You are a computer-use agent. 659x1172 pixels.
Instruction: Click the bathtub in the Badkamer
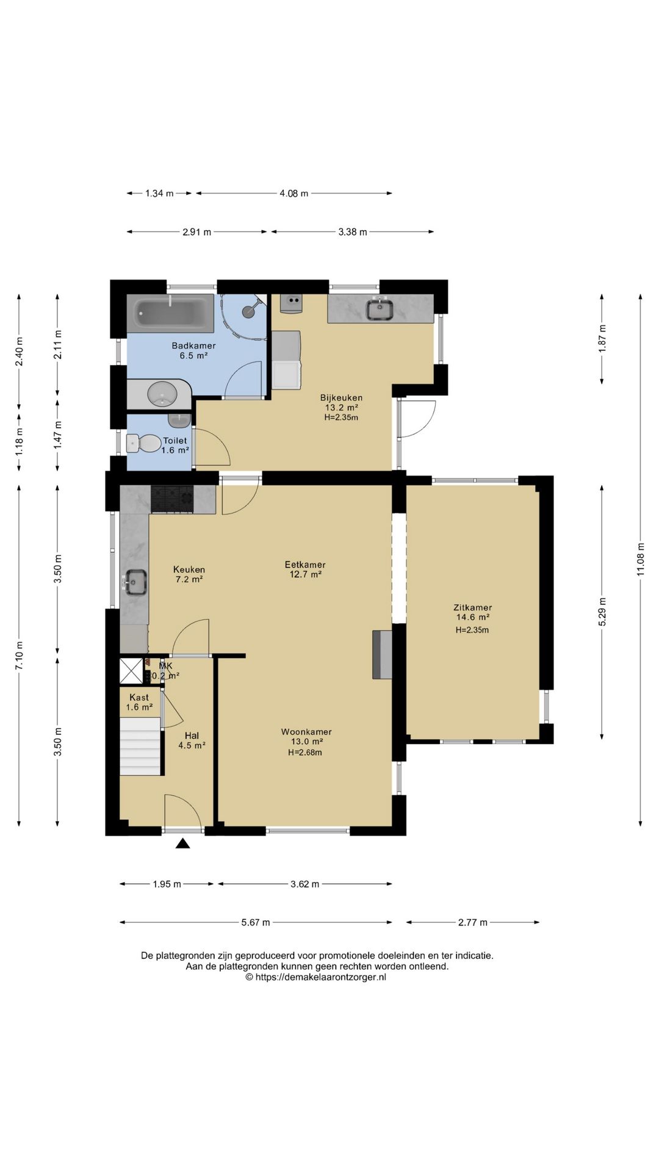click(x=170, y=313)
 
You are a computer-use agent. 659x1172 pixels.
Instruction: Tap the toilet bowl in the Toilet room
click(x=142, y=443)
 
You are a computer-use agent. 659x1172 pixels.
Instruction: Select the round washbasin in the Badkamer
click(x=162, y=394)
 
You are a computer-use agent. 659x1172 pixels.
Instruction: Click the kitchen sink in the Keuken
click(x=135, y=582)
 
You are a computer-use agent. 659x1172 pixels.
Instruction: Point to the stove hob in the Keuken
click(x=172, y=499)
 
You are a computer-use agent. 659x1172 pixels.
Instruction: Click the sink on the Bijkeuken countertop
click(x=380, y=309)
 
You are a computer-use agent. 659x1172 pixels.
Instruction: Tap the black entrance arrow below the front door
click(x=182, y=843)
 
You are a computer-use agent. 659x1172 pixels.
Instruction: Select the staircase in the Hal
click(x=141, y=746)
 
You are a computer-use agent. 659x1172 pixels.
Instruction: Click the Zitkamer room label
click(x=472, y=607)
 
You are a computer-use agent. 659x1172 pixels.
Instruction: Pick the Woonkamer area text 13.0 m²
click(x=306, y=742)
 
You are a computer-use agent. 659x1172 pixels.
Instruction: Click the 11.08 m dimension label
click(x=640, y=559)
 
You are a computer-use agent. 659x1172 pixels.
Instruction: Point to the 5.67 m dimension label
click(x=256, y=922)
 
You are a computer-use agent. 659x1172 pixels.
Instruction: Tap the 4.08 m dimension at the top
click(x=294, y=194)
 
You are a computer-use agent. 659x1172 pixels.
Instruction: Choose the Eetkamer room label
click(x=305, y=565)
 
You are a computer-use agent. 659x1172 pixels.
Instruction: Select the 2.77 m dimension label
click(x=473, y=922)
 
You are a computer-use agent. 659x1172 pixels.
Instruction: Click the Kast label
click(x=139, y=697)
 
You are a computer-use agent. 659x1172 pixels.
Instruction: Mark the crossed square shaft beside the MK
click(x=131, y=670)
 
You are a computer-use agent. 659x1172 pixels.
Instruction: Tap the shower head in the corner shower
click(x=248, y=311)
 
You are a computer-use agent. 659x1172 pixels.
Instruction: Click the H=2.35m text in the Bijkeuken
click(x=341, y=418)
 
